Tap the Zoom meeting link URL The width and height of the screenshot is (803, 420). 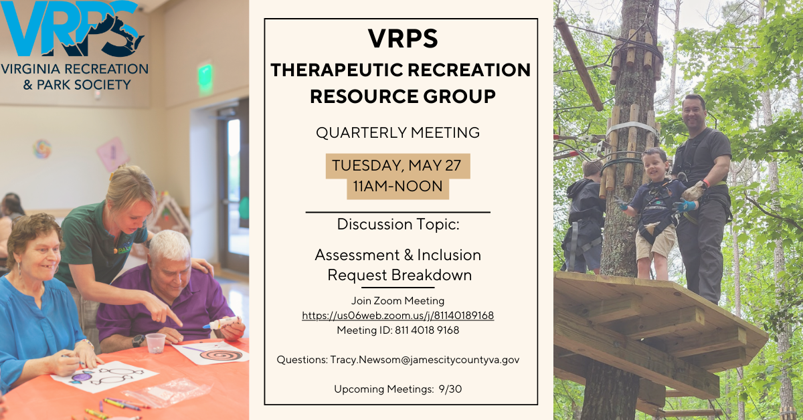pos(397,316)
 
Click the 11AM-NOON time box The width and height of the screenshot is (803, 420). pos(397,187)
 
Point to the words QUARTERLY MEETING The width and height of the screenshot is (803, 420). pos(397,133)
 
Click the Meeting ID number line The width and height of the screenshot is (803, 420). pos(397,330)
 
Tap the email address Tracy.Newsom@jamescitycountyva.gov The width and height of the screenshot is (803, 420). pos(424,360)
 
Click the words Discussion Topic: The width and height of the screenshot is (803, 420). pos(397,224)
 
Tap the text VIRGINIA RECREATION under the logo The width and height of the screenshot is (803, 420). pos(74,69)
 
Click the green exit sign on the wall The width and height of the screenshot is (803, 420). pos(205,78)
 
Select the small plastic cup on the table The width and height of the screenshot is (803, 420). pos(155,342)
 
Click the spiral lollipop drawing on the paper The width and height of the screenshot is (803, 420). pos(220,353)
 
